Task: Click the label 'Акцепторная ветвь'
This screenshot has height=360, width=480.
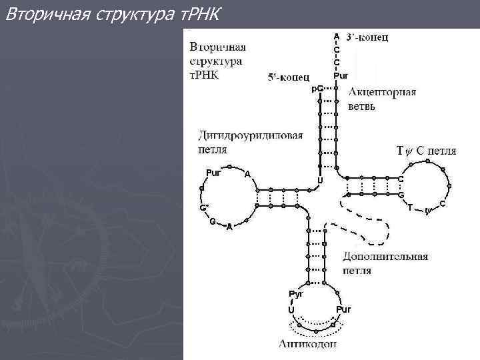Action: pyautogui.click(x=382, y=99)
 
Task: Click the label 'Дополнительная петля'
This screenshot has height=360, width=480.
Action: pyautogui.click(x=385, y=263)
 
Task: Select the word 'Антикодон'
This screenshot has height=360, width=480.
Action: pyautogui.click(x=309, y=344)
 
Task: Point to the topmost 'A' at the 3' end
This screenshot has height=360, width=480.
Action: pyautogui.click(x=337, y=36)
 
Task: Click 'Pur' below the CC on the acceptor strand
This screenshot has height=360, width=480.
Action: pyautogui.click(x=340, y=75)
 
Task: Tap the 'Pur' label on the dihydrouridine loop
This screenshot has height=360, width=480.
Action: pyautogui.click(x=213, y=173)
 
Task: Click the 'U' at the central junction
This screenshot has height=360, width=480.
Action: pyautogui.click(x=320, y=180)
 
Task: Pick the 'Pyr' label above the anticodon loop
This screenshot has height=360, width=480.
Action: pyautogui.click(x=295, y=293)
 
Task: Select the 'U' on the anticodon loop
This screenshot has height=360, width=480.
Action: pyautogui.click(x=291, y=310)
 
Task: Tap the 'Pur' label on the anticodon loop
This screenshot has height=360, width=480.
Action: pyautogui.click(x=343, y=310)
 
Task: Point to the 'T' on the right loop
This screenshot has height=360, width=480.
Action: pyautogui.click(x=410, y=206)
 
